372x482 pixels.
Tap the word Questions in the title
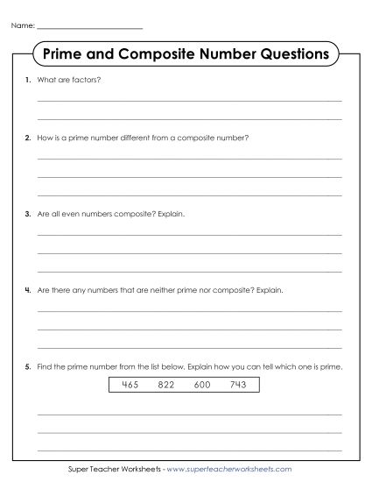click(294, 53)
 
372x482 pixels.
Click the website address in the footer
click(236, 470)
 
